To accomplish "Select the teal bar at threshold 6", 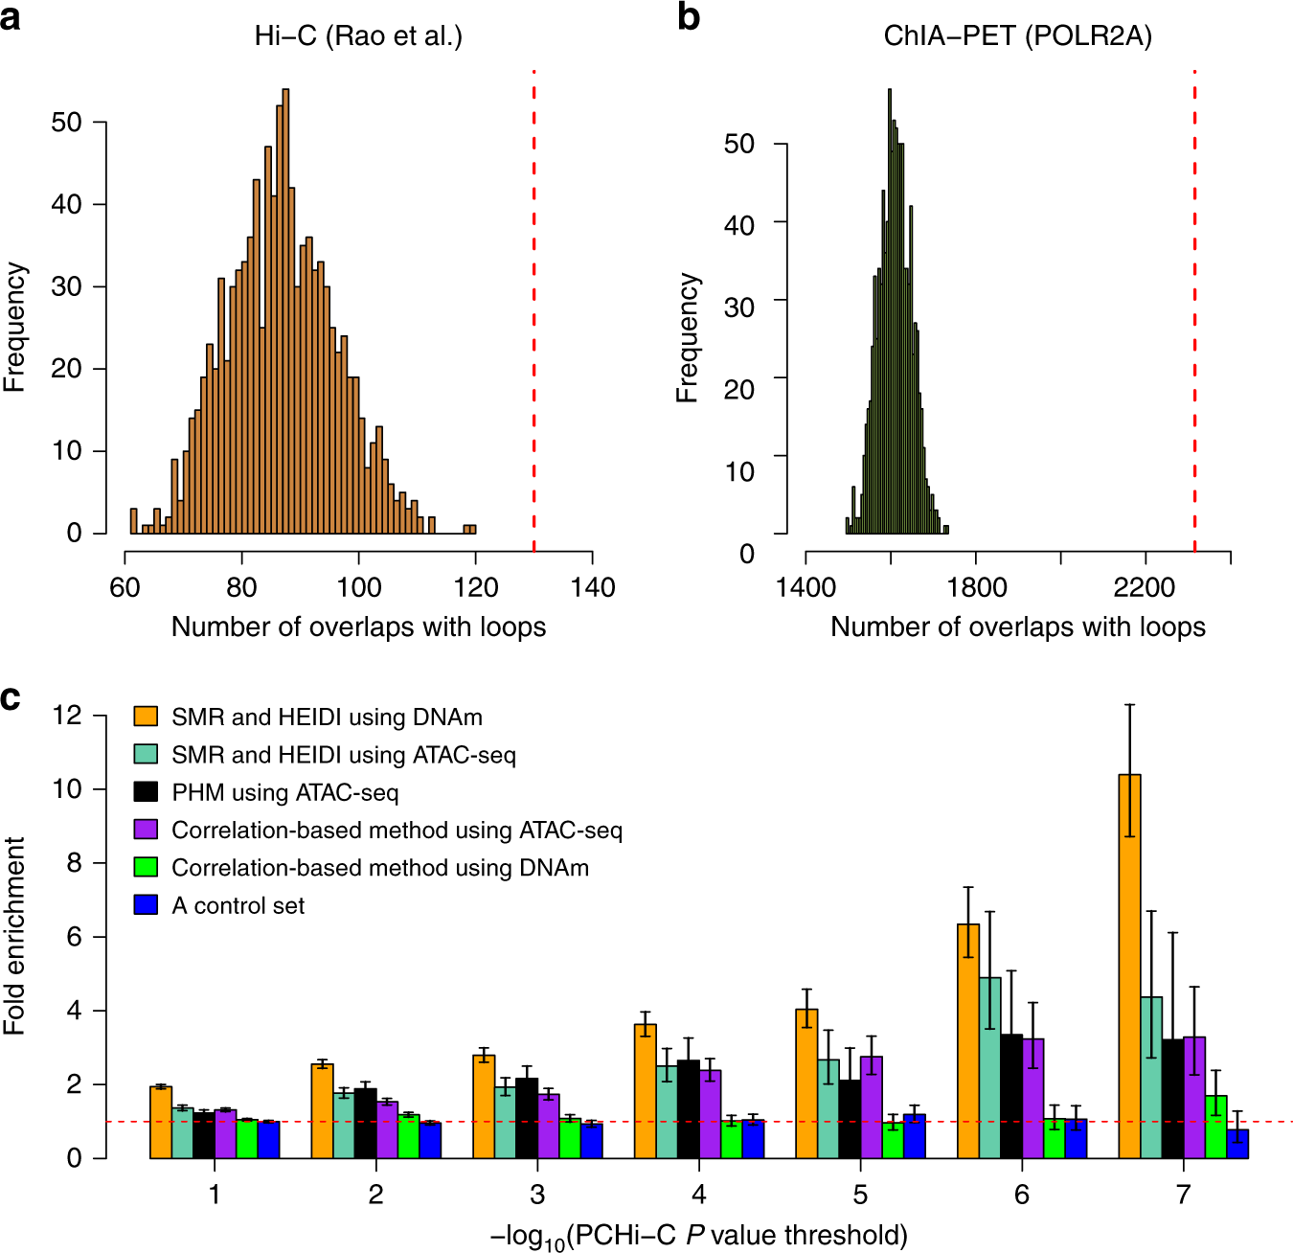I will pyautogui.click(x=989, y=1067).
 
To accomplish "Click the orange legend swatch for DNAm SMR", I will pyautogui.click(x=146, y=717).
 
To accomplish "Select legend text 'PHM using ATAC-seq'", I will pyautogui.click(x=284, y=792).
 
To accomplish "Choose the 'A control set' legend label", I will pyautogui.click(x=238, y=905).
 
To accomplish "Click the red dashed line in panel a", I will pyautogui.click(x=533, y=307).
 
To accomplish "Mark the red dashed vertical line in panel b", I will pyautogui.click(x=1194, y=307).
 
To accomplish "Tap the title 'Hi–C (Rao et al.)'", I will pyautogui.click(x=358, y=36).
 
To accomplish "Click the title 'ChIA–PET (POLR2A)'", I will pyautogui.click(x=1017, y=36).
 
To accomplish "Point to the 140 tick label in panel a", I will pyautogui.click(x=592, y=587).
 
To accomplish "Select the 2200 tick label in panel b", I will pyautogui.click(x=1145, y=587).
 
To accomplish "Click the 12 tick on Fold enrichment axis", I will pyautogui.click(x=67, y=715).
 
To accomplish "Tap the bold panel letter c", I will pyautogui.click(x=11, y=697).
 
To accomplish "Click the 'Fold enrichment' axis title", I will pyautogui.click(x=14, y=935).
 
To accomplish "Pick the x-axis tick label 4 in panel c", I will pyautogui.click(x=699, y=1194).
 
